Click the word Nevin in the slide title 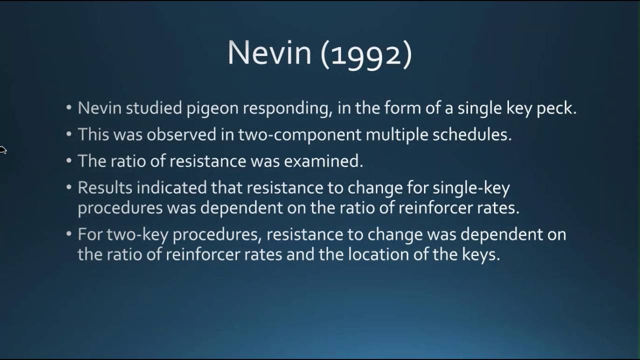269,52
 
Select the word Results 104,187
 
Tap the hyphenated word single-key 471,188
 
